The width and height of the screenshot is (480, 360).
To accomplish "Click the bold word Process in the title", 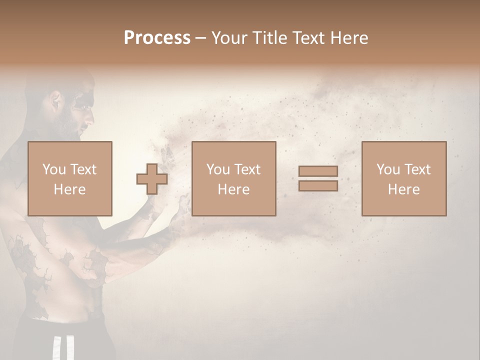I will (x=157, y=38).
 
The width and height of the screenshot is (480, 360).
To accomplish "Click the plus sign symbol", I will (x=152, y=179).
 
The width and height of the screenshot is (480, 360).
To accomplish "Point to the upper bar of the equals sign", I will (x=318, y=171).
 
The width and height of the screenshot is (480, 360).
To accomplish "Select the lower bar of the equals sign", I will (x=318, y=185).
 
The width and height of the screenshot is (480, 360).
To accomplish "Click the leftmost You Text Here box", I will (x=69, y=178).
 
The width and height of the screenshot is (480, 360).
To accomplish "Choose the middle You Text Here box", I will (x=233, y=178).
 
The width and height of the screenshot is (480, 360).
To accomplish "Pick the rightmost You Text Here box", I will (x=403, y=178).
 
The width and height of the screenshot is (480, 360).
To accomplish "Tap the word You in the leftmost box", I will (x=53, y=169).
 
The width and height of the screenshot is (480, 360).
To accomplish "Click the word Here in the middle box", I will (x=233, y=189).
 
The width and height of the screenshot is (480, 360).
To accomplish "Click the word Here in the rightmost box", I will (x=403, y=189).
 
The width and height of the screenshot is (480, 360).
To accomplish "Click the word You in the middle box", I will (x=218, y=169).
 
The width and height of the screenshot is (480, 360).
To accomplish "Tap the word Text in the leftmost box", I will (x=83, y=169).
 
